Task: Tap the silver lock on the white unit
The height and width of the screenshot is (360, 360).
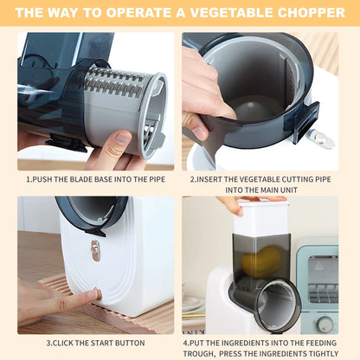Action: click(95, 250)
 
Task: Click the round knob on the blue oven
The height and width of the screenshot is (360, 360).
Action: click(325, 322)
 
